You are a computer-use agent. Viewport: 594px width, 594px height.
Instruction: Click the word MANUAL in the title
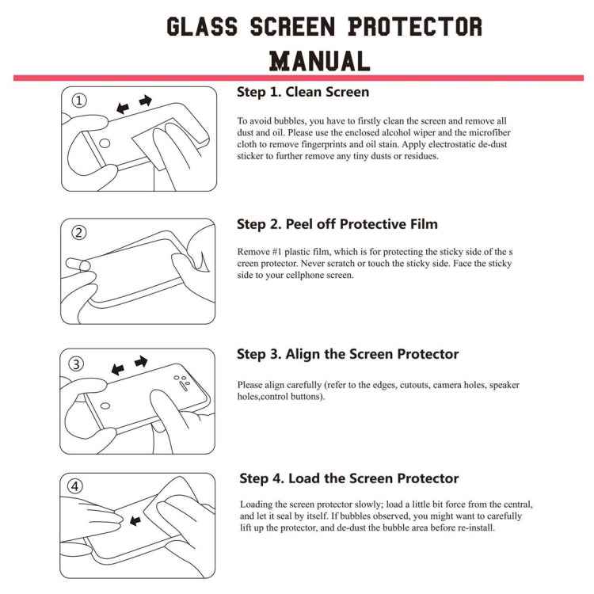pos(319,60)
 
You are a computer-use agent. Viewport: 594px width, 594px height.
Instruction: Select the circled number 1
pos(79,101)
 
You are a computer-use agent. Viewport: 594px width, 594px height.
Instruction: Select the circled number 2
pos(79,233)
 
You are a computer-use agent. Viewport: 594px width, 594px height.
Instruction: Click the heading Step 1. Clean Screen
pos(303,92)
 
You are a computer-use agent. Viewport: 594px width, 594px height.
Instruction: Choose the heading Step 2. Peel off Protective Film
pos(337,224)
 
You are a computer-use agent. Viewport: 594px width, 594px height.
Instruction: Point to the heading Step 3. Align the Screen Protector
pos(348,354)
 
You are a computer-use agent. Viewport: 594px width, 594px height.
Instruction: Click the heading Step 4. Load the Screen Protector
pos(348,478)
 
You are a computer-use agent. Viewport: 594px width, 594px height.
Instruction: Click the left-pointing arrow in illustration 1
pos(122,107)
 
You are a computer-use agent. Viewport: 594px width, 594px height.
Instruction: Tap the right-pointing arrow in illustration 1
pos(145,101)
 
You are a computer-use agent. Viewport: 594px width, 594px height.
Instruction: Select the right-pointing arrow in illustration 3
pos(141,362)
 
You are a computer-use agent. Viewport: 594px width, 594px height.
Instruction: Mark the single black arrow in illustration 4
pos(135,520)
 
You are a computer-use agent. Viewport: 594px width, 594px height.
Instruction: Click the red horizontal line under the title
pos(297,78)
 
